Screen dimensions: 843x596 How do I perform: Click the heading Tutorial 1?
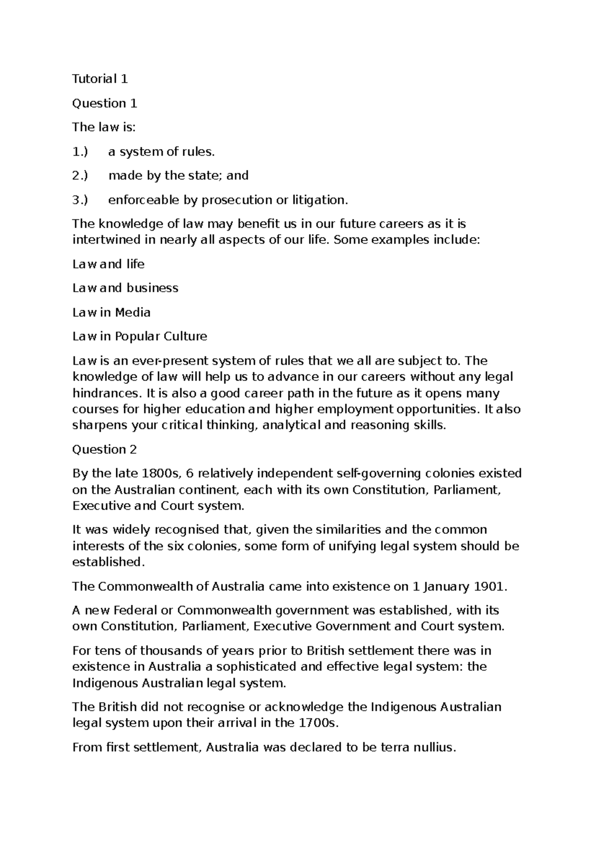(x=100, y=79)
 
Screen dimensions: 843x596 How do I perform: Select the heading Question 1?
(x=104, y=103)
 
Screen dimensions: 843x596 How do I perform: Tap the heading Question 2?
(x=104, y=449)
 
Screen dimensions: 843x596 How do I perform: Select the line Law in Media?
(x=111, y=312)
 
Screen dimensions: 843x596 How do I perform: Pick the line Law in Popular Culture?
(x=140, y=337)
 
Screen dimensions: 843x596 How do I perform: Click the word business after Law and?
(x=152, y=288)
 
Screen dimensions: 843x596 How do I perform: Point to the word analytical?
(x=291, y=425)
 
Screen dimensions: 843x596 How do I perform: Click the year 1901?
(x=491, y=587)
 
